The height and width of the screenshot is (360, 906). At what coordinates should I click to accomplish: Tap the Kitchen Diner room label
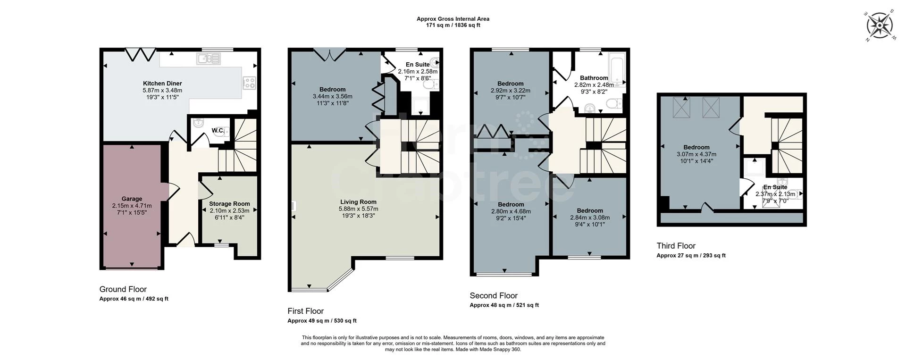(x=162, y=84)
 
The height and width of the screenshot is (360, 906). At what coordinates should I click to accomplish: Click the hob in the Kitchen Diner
(x=249, y=83)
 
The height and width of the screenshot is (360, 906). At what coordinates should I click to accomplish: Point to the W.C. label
(x=218, y=131)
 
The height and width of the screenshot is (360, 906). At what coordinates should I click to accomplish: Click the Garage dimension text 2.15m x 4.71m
(x=132, y=206)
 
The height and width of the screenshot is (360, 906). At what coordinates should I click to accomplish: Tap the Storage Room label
(x=229, y=204)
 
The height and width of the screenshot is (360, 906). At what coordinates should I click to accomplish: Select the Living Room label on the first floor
(x=358, y=202)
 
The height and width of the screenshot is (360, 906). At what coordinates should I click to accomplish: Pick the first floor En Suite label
(x=417, y=65)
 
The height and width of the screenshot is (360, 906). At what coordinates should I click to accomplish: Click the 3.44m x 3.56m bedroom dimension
(x=332, y=96)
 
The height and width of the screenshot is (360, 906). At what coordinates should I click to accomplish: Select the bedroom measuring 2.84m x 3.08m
(x=589, y=218)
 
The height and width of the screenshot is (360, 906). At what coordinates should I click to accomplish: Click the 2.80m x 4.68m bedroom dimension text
(x=511, y=211)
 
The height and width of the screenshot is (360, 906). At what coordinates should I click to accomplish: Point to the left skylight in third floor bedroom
(x=680, y=107)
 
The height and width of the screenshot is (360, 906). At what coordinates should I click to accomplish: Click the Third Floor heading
(x=676, y=246)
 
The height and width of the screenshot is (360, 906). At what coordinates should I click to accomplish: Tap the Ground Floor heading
(x=123, y=289)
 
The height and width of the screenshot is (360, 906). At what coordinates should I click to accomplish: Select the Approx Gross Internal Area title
(x=453, y=19)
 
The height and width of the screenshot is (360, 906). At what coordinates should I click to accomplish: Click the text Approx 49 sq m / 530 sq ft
(x=322, y=321)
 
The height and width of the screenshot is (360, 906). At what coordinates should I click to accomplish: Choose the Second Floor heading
(x=493, y=296)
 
